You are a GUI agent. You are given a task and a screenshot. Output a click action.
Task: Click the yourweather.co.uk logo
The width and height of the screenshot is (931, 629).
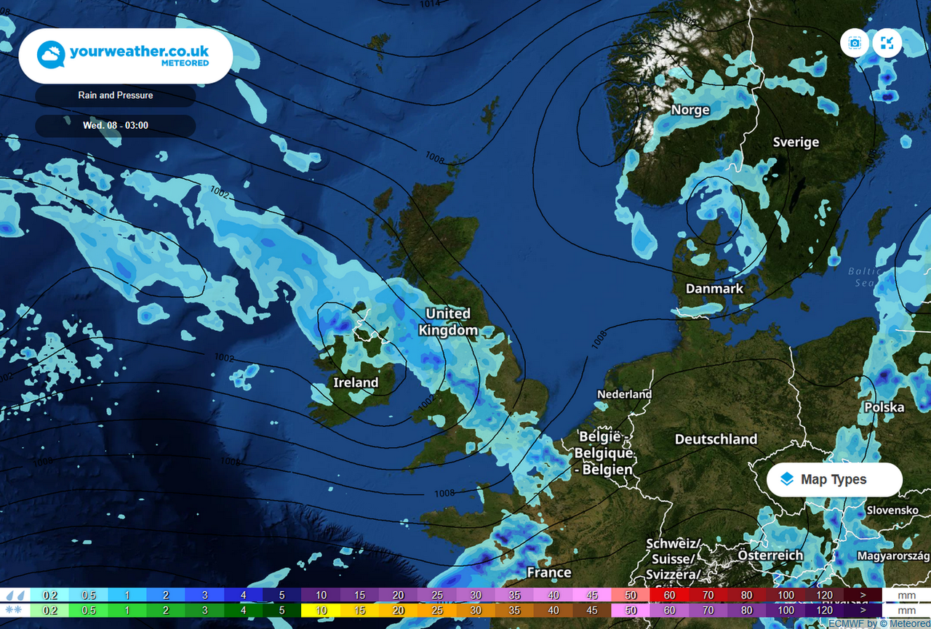125,56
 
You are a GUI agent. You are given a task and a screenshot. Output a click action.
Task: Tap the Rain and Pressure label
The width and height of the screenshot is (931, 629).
116,95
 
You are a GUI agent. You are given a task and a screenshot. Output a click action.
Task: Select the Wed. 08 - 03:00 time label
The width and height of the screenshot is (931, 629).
116,126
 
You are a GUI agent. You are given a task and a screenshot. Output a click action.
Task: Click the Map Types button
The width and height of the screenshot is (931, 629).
834,480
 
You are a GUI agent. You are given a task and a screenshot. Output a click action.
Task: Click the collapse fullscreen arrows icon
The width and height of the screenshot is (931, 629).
887,43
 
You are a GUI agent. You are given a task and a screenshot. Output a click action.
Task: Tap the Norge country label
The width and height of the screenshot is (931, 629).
690,111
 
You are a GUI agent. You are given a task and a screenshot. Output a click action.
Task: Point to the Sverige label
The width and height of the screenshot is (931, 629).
796,143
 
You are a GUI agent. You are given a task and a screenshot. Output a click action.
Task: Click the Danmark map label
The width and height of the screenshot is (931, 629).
714,289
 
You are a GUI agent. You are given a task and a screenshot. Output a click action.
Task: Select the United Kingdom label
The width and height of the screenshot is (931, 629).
448,321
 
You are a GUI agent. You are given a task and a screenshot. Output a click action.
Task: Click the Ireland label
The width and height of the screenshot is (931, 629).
356,382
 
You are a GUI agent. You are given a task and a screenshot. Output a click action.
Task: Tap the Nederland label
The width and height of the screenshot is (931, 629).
624,394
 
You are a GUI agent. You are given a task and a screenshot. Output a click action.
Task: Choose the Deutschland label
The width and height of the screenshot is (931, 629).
716,439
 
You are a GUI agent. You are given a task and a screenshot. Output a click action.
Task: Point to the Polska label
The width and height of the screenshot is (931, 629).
884,407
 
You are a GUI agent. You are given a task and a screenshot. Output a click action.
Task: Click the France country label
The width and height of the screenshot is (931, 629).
549,572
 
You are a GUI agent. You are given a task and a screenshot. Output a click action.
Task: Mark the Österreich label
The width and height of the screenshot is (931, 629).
770,556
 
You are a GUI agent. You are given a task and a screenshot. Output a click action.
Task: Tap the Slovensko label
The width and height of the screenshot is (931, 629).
892,510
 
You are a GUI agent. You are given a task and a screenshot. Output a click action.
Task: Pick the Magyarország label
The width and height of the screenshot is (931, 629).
893,556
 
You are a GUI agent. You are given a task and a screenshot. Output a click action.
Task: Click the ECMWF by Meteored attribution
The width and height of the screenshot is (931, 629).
879,624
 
